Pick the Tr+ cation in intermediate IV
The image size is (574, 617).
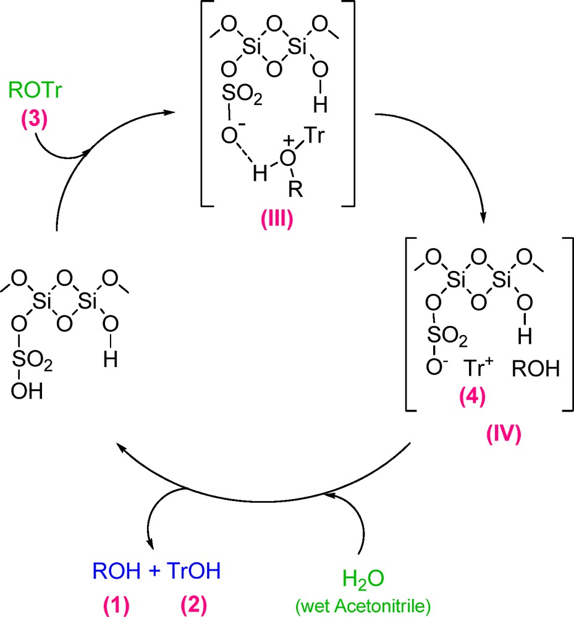click(x=476, y=370)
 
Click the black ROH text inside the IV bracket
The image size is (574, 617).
click(x=534, y=370)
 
